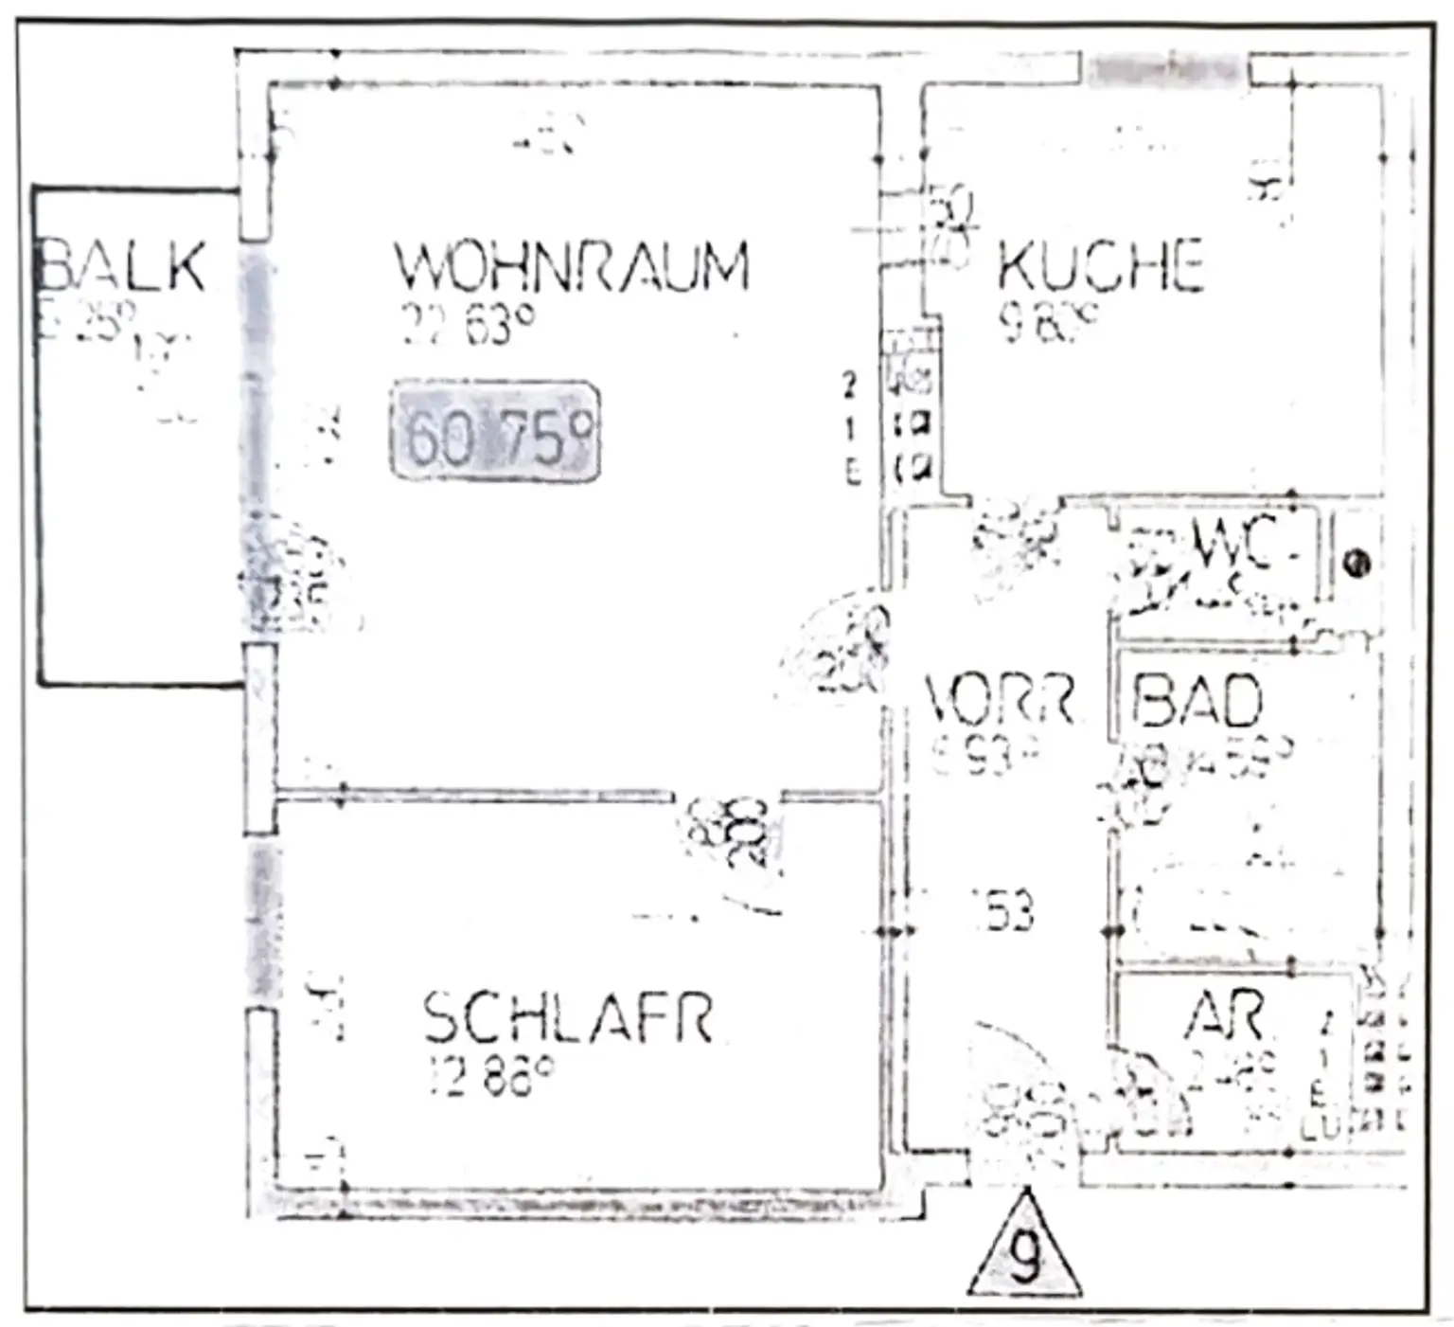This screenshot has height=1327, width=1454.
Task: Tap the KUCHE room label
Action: coord(1100,266)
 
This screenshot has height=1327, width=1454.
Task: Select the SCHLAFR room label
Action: coord(568,1018)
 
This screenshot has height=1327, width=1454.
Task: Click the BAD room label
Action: coord(1197,702)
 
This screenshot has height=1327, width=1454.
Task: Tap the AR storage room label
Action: coord(1223,1015)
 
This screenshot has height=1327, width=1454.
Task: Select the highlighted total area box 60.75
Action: coord(495,432)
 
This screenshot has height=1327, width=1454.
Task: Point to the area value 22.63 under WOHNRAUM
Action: coord(469,325)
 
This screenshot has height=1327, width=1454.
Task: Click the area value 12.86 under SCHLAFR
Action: coord(490,1077)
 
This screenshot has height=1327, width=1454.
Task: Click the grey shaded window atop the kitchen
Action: coord(1163,68)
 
